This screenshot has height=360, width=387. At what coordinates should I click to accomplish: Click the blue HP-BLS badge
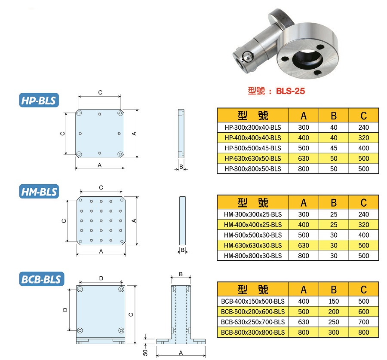click(x=39, y=100)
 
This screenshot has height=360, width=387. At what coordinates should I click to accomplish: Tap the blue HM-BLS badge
click(x=39, y=191)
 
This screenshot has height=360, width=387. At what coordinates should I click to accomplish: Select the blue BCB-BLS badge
click(x=42, y=279)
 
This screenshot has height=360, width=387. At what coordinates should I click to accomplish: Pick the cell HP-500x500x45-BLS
click(x=253, y=148)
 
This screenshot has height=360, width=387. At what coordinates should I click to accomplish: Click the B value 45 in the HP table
click(x=334, y=148)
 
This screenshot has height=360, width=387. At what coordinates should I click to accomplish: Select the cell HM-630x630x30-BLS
click(x=253, y=246)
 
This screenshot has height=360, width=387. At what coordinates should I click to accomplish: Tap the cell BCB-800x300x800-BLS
click(x=253, y=333)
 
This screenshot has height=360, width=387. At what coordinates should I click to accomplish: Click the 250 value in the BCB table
click(x=334, y=322)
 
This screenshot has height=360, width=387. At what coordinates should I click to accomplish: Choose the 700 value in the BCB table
click(x=363, y=322)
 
